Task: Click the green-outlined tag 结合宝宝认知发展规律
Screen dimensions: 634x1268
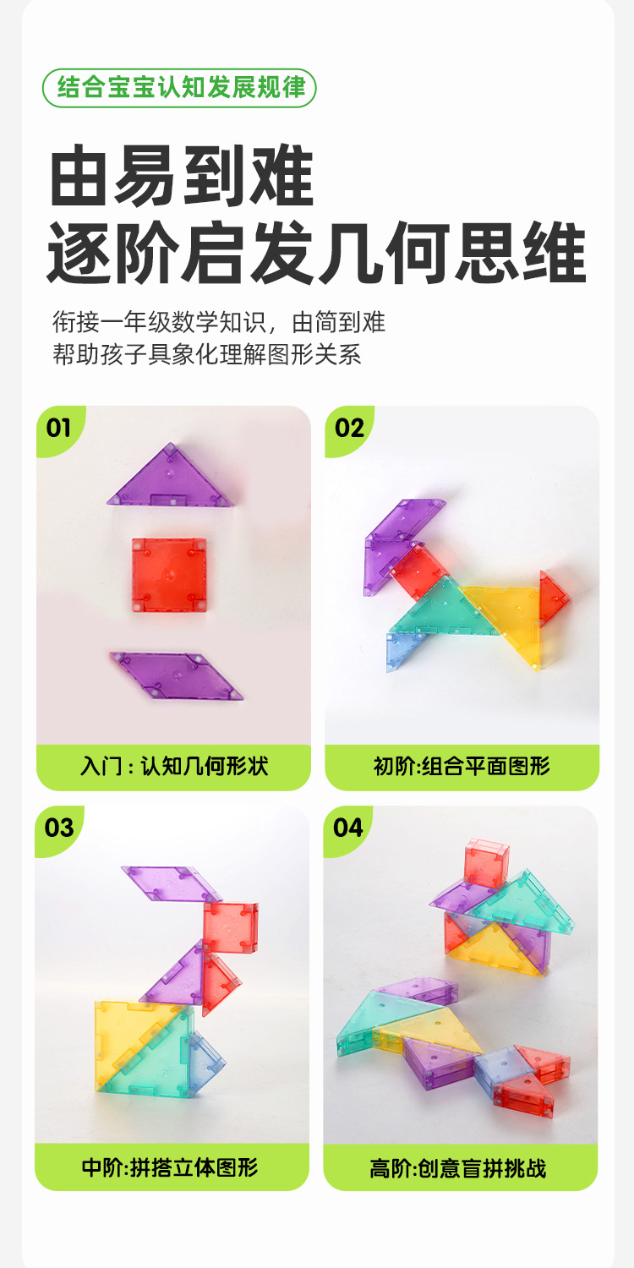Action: (x=179, y=88)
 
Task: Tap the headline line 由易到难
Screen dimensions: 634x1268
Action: (x=182, y=176)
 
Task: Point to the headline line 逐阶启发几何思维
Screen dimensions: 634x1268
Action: (x=316, y=253)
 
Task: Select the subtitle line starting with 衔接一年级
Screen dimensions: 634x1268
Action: (x=219, y=322)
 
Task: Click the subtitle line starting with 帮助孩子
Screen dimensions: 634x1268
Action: (x=206, y=354)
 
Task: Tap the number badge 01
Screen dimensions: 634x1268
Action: (x=59, y=428)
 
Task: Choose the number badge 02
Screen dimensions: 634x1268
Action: (x=348, y=428)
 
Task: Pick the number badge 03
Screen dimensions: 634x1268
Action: (x=59, y=828)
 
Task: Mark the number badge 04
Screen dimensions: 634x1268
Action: (x=347, y=828)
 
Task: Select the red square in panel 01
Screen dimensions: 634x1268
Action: (x=169, y=575)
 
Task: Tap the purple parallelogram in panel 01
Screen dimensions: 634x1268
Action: (x=176, y=676)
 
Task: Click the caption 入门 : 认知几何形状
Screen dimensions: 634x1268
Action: (x=174, y=767)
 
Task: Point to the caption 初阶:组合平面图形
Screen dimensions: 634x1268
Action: (x=462, y=767)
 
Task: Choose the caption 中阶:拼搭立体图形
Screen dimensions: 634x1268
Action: (x=171, y=1167)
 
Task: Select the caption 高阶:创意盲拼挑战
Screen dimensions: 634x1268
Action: (x=458, y=1167)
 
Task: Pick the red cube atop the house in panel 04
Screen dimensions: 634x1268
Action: (x=486, y=863)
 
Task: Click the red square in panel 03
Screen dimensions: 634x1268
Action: (x=231, y=927)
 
